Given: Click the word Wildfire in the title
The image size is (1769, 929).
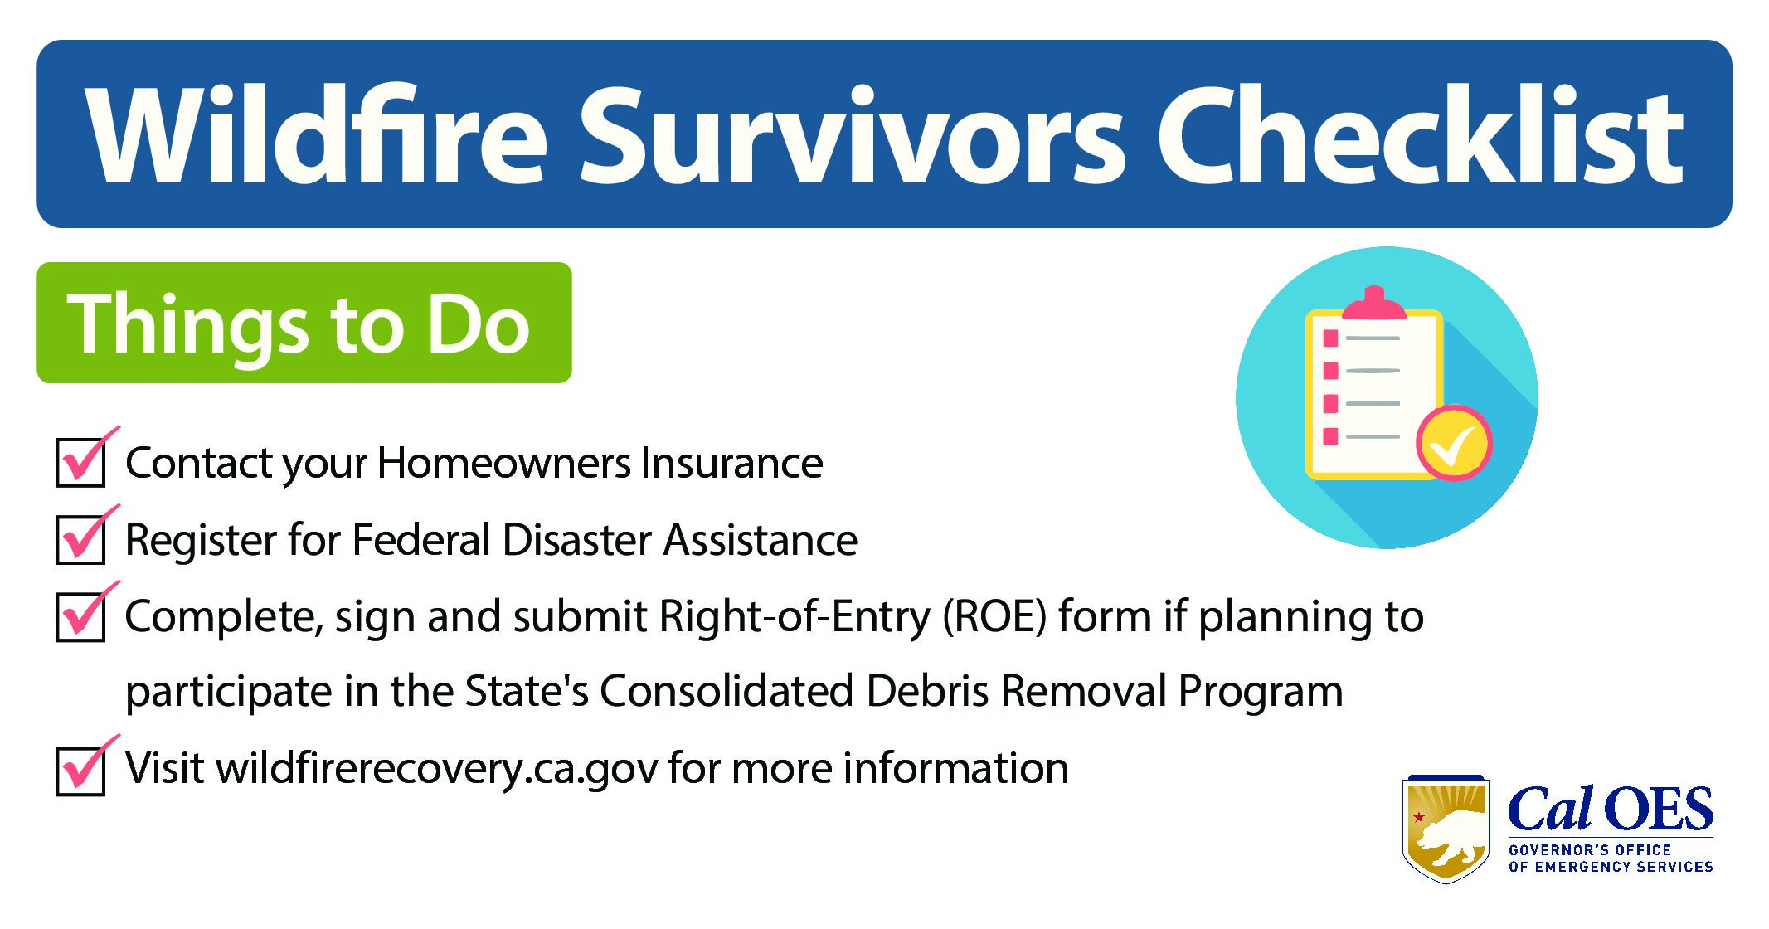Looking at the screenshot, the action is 316,134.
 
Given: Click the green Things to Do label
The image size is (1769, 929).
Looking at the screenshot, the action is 304,323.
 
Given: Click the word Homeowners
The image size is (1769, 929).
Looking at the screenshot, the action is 503,463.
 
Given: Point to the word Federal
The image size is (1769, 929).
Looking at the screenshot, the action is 422,540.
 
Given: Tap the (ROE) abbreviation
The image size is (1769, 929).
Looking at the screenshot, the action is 994,617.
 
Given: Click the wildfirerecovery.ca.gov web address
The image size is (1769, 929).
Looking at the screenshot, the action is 438,769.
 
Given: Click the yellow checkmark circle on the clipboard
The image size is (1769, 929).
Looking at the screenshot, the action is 1454,443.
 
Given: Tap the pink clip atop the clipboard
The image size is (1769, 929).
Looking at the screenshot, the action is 1374,304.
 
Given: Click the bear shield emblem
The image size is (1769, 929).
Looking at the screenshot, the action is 1446,829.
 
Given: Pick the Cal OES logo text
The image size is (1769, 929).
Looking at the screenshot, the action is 1610,809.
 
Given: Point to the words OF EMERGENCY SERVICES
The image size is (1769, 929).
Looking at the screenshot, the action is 1611,867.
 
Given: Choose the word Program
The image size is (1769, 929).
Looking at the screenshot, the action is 1261,693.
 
